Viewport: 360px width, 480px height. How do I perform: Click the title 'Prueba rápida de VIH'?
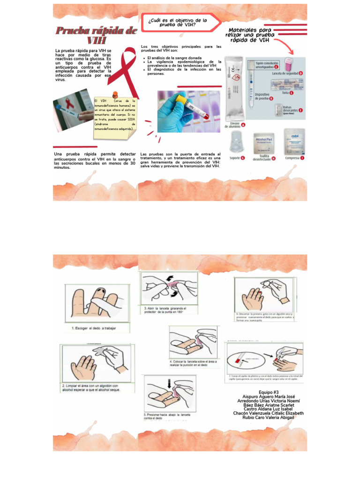click(96, 36)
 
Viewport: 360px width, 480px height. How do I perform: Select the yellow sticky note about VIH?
click(115, 115)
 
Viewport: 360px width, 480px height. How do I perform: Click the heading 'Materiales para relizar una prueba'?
click(250, 35)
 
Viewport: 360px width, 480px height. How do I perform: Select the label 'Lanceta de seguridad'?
click(285, 73)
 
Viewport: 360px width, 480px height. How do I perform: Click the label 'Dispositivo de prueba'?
click(262, 96)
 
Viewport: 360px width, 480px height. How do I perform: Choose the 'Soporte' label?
click(235, 158)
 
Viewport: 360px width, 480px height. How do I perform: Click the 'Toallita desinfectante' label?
click(261, 158)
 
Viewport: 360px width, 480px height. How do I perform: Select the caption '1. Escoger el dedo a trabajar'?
click(94, 328)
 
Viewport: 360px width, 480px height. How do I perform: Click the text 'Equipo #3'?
click(269, 392)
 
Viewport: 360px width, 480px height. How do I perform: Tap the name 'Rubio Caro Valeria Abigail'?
click(269, 417)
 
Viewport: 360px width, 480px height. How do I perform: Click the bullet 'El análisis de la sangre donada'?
click(174, 58)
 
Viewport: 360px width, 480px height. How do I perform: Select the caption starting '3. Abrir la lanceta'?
click(165, 310)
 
